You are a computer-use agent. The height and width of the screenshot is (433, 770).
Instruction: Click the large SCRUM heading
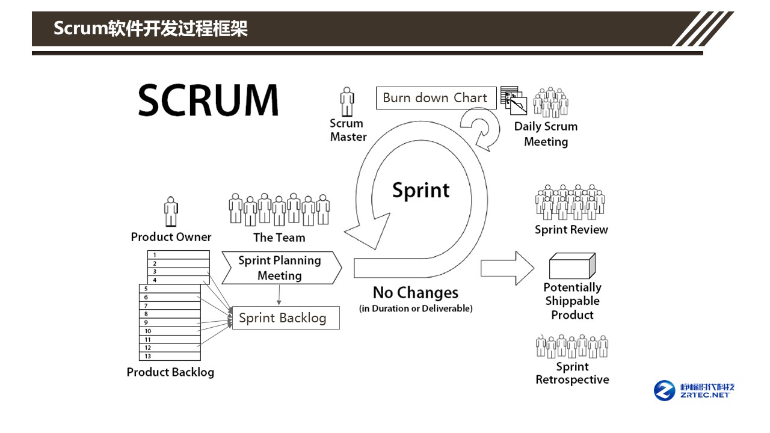pos(208,100)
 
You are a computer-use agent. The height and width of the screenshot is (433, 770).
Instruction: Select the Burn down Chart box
pos(436,98)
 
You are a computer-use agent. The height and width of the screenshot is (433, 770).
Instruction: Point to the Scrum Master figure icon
pos(347,102)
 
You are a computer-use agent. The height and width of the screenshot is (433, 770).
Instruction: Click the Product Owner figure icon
pos(171,212)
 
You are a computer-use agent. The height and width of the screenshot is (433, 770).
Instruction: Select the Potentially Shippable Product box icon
pos(572,266)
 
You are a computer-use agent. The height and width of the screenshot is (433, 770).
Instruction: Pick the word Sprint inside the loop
pos(420,190)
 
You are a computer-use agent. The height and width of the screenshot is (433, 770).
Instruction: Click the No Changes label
pos(415,293)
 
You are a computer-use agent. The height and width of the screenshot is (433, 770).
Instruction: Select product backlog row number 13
pos(170,356)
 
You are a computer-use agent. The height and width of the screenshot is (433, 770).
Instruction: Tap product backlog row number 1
pos(179,255)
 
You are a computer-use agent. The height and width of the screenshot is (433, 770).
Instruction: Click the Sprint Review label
pos(571,230)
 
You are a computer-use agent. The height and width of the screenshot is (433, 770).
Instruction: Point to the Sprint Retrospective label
pos(572,373)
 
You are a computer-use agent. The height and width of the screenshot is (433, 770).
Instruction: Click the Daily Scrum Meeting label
pos(546,134)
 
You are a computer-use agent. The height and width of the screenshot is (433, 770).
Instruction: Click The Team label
pos(279,238)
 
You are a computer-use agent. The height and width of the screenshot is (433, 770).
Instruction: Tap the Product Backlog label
pos(170,372)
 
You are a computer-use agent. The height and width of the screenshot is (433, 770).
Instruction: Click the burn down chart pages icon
pos(514,100)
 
